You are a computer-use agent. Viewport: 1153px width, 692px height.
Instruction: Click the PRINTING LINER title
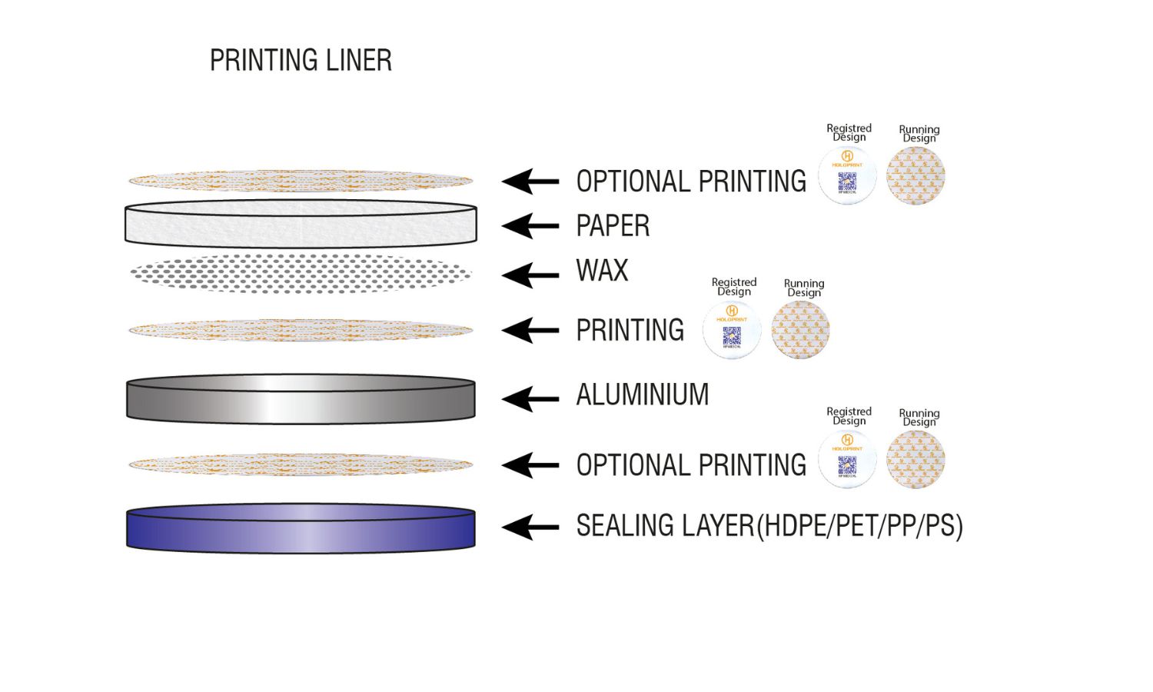coord(301,60)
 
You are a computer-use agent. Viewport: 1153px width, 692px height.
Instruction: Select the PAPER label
coord(613,226)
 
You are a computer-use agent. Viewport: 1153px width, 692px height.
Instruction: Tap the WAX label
coord(602,271)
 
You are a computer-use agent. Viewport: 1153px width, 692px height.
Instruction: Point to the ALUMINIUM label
coord(643,394)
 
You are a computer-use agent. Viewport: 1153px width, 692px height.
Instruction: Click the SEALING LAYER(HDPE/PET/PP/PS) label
coord(769,526)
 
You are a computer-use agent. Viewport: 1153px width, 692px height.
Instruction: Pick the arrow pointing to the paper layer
coord(530,226)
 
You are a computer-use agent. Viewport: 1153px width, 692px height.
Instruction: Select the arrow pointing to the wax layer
coord(530,274)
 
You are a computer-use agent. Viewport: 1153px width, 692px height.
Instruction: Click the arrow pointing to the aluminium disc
coord(530,399)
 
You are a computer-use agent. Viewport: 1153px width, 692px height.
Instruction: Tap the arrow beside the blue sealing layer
coord(530,527)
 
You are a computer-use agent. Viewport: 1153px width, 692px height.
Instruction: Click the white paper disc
coord(301,224)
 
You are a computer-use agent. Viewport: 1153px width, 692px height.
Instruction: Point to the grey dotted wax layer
coord(301,273)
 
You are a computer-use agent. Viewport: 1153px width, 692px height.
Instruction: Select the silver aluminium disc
coord(301,399)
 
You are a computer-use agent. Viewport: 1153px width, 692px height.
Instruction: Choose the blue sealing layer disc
coord(301,528)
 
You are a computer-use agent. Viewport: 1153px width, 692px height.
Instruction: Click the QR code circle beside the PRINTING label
coord(732,331)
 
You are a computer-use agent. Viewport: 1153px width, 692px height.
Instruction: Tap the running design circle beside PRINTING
coord(801,331)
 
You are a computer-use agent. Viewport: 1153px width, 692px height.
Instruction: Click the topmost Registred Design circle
coord(847,176)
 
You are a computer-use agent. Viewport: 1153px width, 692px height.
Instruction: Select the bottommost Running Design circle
coord(915,460)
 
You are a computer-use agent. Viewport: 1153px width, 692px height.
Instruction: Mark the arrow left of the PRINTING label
coord(530,331)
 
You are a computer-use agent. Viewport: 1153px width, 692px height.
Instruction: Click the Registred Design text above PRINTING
coord(734,287)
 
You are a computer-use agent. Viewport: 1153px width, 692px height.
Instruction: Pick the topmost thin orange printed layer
coord(301,181)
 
